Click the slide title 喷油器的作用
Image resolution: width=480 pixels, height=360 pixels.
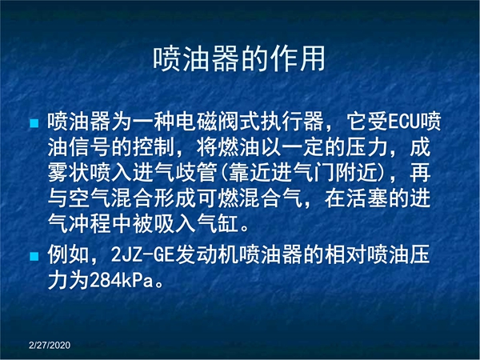(238, 58)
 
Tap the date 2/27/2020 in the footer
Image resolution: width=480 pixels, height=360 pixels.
(50, 346)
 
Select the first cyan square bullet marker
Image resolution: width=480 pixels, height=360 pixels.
(34, 123)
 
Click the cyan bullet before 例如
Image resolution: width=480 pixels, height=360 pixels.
(34, 256)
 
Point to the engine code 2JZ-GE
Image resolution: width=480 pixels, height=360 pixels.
(142, 254)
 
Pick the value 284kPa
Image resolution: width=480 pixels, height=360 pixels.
(122, 281)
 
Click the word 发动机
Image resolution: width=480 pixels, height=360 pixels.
(207, 254)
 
